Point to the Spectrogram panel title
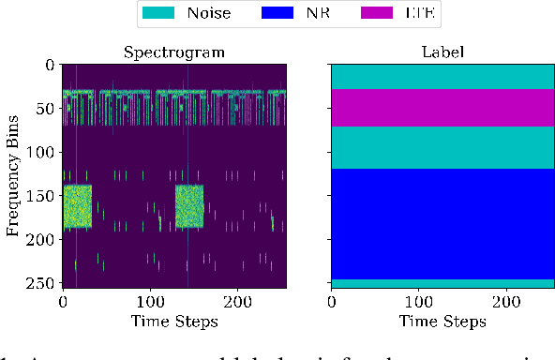point(174,52)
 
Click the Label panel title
point(443,52)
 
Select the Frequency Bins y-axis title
point(14,175)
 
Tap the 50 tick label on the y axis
point(41,110)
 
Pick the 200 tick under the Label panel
point(507,302)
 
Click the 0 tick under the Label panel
point(332,302)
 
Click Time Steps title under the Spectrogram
point(174,322)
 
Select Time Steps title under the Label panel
point(443,322)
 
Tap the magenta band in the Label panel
point(443,108)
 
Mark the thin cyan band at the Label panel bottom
point(443,283)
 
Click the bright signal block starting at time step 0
point(77,207)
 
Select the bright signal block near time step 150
point(189,207)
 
